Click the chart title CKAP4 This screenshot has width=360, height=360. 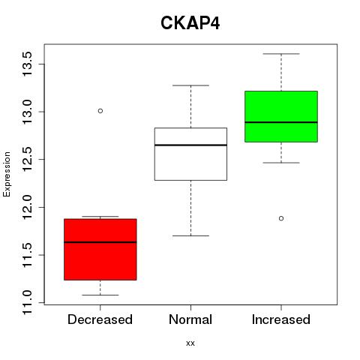190,23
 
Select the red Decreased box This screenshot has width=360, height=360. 100,250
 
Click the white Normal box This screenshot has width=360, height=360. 190,154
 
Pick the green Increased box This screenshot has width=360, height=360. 281,116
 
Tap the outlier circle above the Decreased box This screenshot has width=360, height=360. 100,111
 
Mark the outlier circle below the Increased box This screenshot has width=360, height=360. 281,218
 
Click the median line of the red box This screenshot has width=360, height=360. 100,242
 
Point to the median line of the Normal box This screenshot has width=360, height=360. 190,145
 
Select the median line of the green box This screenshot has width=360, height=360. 281,122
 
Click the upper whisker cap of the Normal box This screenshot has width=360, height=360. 190,85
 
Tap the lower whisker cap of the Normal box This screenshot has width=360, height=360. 190,235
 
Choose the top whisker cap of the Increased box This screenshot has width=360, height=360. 281,54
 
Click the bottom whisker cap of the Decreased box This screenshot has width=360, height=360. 100,295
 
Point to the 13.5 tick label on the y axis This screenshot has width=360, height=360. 27,64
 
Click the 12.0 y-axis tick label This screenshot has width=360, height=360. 27,207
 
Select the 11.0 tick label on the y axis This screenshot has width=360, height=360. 27,302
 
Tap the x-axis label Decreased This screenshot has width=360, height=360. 100,319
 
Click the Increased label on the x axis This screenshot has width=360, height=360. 281,319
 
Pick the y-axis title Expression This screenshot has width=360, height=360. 7,174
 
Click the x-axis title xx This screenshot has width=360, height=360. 190,343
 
